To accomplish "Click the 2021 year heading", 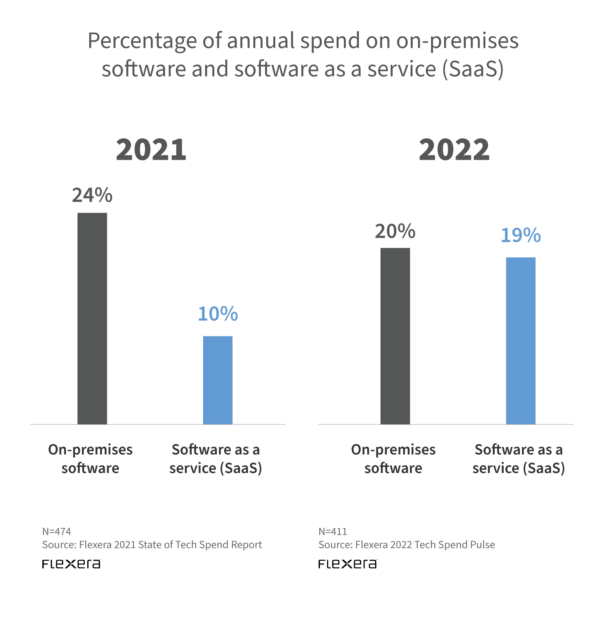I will pyautogui.click(x=151, y=150).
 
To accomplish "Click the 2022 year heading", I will pyautogui.click(x=454, y=150).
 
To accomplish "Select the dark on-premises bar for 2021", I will pyautogui.click(x=92, y=318).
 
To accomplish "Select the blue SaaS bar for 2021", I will pyautogui.click(x=218, y=380).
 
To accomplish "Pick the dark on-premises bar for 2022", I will pyautogui.click(x=395, y=336).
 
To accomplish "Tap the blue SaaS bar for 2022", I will pyautogui.click(x=521, y=340).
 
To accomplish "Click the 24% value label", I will pyautogui.click(x=92, y=195).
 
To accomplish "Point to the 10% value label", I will pyautogui.click(x=218, y=314).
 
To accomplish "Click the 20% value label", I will pyautogui.click(x=395, y=231).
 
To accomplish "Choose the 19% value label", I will pyautogui.click(x=521, y=235).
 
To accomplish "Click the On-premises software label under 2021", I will pyautogui.click(x=91, y=459).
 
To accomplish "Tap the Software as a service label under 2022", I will pyautogui.click(x=519, y=459).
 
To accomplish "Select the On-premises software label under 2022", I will pyautogui.click(x=394, y=459).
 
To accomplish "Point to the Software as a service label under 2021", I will pyautogui.click(x=216, y=459).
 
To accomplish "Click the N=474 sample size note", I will pyautogui.click(x=57, y=531).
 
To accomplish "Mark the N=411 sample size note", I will pyautogui.click(x=333, y=531).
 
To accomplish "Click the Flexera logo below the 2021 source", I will pyautogui.click(x=71, y=564).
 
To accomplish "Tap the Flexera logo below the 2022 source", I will pyautogui.click(x=347, y=564).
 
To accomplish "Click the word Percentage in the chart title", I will pyautogui.click(x=154, y=41).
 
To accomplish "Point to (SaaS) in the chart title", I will pyautogui.click(x=473, y=69).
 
